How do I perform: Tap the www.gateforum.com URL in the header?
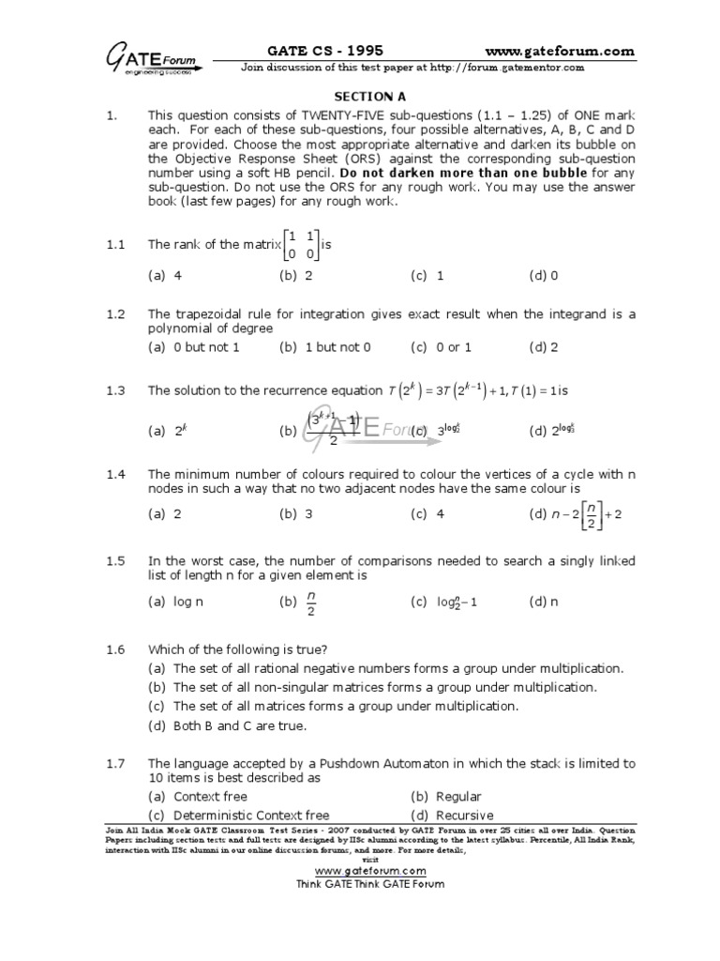tap(560, 51)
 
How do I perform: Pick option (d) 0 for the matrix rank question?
tap(543, 276)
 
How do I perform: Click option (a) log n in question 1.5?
tap(175, 602)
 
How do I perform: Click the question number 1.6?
tap(115, 649)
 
